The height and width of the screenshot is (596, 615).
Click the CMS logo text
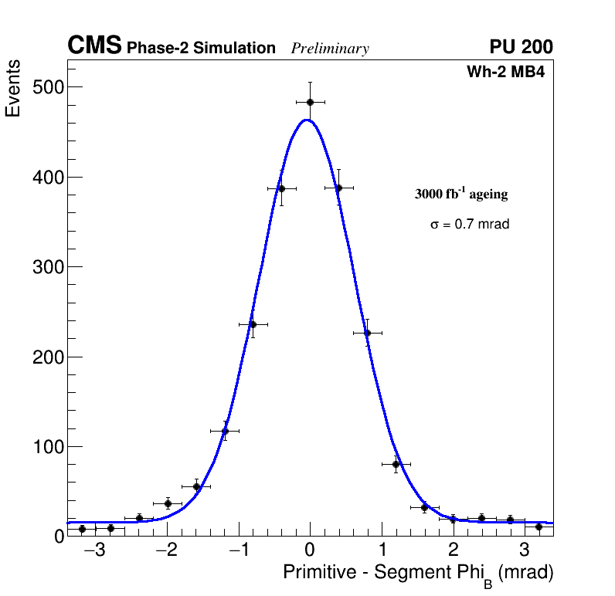tap(94, 46)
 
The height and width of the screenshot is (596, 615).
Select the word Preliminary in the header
tap(330, 49)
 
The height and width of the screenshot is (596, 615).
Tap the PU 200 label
tap(521, 47)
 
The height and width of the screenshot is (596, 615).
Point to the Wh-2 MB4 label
tap(506, 73)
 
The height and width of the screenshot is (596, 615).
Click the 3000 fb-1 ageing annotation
tap(461, 194)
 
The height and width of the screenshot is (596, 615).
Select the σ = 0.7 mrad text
tap(470, 225)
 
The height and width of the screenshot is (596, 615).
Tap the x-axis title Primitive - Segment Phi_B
tap(418, 574)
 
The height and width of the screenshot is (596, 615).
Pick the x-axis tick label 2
tap(453, 550)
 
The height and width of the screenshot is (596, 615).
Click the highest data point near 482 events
tap(310, 102)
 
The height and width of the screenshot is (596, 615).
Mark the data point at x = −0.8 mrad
tap(253, 324)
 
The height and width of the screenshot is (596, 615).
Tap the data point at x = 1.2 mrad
tap(396, 464)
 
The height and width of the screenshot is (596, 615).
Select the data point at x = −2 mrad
tap(168, 503)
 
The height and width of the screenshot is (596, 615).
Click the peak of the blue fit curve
tap(307, 120)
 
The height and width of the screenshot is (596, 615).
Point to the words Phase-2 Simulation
tap(201, 49)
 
